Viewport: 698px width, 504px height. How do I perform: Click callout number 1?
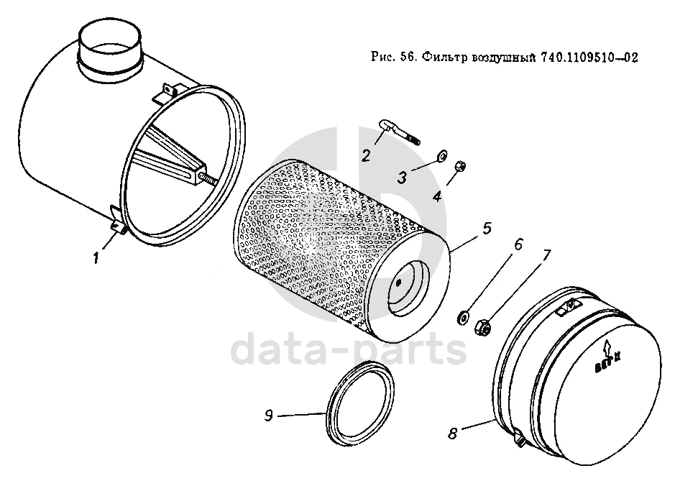point(95,257)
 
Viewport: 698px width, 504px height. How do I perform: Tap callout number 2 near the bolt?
point(366,155)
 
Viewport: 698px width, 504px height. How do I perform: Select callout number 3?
point(402,178)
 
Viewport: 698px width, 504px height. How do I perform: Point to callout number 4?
point(438,196)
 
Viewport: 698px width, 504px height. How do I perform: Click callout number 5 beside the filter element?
point(487,229)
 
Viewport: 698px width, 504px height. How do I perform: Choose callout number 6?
point(518,244)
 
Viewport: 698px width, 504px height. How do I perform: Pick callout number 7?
point(546,255)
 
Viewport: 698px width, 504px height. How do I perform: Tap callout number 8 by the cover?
point(452,433)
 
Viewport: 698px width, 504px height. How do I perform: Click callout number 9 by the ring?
point(268,416)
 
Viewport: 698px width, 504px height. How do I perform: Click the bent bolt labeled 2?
point(398,132)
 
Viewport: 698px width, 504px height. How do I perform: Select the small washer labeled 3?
point(443,155)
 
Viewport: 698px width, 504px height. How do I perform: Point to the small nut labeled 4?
point(460,166)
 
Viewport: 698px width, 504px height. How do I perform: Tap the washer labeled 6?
point(464,318)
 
